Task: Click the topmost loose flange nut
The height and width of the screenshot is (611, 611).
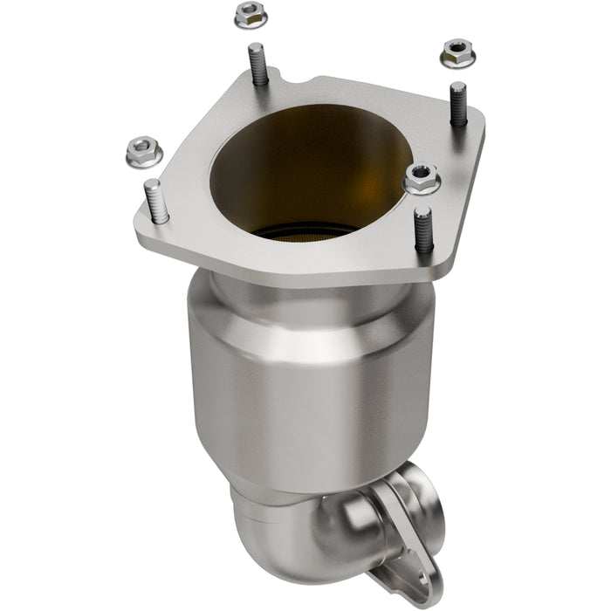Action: (x=251, y=15)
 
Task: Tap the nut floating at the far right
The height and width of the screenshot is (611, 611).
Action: (x=457, y=53)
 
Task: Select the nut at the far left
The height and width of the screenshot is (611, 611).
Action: (x=144, y=153)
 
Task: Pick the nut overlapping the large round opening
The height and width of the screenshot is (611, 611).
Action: (x=422, y=179)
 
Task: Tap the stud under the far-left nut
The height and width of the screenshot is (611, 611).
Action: (x=155, y=201)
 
